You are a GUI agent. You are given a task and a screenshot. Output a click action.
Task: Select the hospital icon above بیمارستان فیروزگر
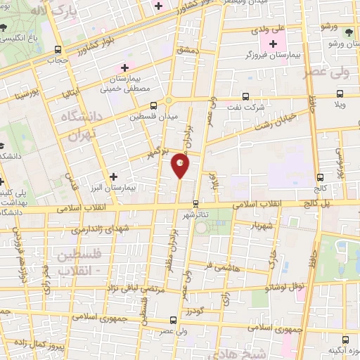point(274,44)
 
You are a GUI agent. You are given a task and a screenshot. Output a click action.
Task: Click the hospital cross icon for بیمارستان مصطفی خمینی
point(125,67)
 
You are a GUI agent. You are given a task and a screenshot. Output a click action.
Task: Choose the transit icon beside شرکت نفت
point(245,96)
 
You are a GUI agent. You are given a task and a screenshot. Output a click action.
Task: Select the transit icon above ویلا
point(340,93)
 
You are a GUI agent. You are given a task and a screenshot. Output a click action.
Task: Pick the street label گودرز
point(196,309)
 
